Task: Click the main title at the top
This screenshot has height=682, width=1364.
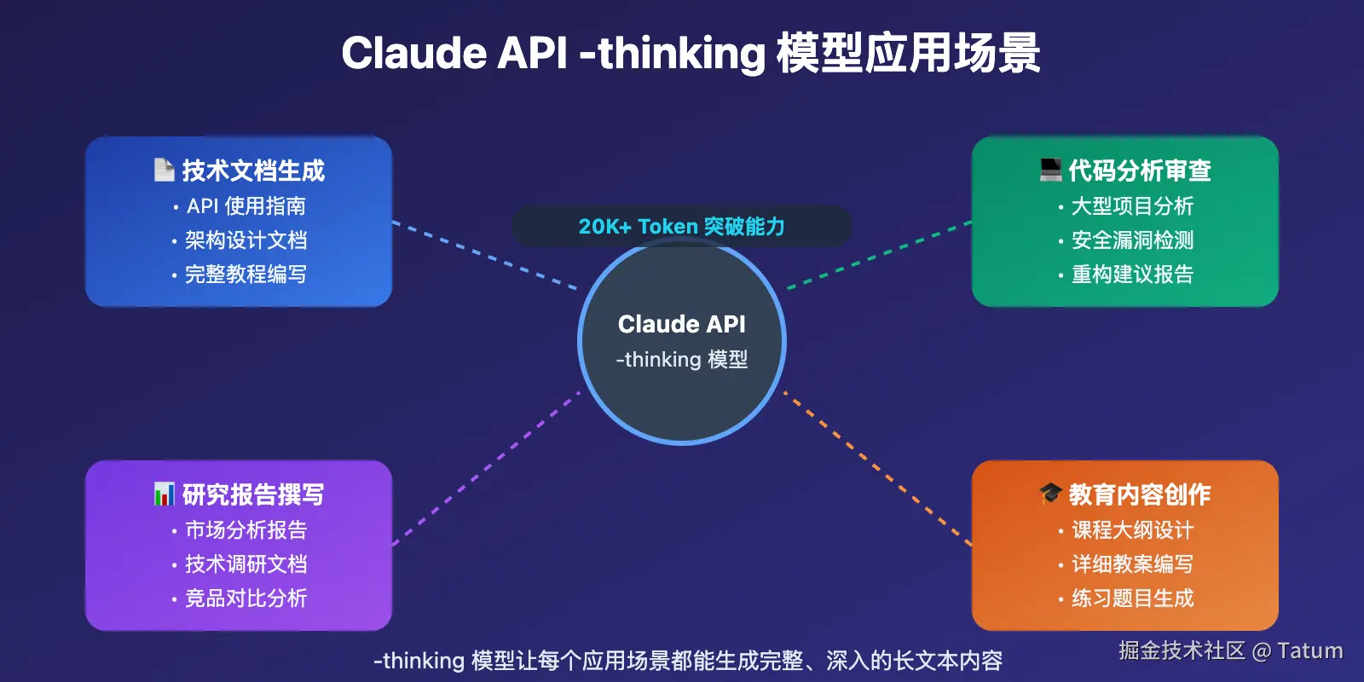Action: point(691,53)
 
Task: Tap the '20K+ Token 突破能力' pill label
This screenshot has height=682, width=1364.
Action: point(681,227)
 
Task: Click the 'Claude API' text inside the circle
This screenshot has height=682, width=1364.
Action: point(681,324)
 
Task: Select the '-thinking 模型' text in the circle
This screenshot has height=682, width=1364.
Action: point(681,360)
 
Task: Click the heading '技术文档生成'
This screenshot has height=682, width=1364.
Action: point(253,170)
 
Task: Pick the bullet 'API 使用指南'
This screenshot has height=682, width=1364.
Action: point(246,206)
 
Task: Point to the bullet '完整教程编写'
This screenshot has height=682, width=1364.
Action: point(246,275)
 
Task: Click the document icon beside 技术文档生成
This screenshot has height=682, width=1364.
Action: point(164,170)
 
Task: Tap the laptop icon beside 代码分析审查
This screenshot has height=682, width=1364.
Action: point(1050,170)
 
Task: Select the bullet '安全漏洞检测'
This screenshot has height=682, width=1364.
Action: point(1132,240)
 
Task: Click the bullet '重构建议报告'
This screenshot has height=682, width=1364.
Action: point(1132,275)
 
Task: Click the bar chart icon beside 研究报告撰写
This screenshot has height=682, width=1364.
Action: point(164,494)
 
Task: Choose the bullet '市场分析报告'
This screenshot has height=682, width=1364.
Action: point(246,530)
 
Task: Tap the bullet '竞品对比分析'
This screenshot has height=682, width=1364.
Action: point(246,598)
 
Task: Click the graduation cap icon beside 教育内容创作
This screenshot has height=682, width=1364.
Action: point(1050,493)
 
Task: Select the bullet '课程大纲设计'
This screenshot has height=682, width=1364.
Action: point(1132,530)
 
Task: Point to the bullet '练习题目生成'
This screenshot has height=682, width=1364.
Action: point(1132,598)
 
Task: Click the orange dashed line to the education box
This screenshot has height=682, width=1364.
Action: point(878,469)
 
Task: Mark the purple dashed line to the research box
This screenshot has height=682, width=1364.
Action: point(486,469)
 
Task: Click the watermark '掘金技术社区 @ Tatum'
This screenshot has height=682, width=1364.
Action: point(1230,650)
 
